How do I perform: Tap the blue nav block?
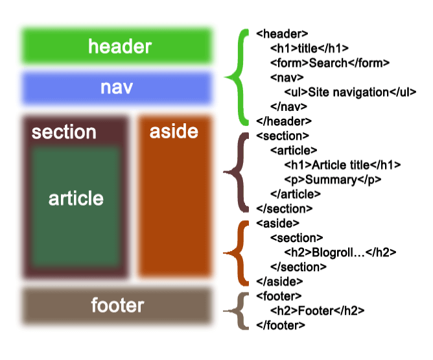pyautogui.click(x=117, y=88)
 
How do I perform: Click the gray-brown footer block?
pyautogui.click(x=117, y=306)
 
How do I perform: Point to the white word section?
pyautogui.click(x=64, y=132)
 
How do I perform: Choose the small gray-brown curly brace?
pyautogui.click(x=238, y=311)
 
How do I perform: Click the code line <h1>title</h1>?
pyautogui.click(x=310, y=48)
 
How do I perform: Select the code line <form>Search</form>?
pyautogui.click(x=330, y=63)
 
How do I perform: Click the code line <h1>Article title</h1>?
pyautogui.click(x=342, y=165)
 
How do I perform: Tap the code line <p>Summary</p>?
pyautogui.click(x=333, y=180)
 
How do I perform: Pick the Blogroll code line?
pyautogui.click(x=340, y=252)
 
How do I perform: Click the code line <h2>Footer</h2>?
pyautogui.click(x=318, y=311)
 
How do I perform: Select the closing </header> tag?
pyautogui.click(x=284, y=121)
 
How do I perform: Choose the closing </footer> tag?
pyautogui.click(x=281, y=324)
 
